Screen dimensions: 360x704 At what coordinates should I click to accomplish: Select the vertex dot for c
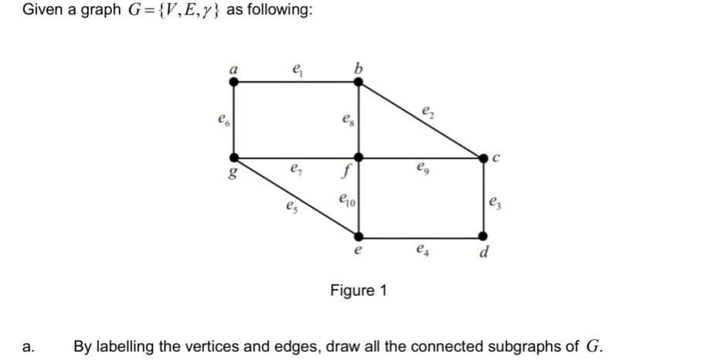(x=484, y=158)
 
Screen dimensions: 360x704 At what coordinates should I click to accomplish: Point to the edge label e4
(x=421, y=250)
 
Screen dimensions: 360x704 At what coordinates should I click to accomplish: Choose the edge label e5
(x=290, y=206)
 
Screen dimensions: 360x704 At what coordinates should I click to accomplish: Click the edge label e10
(x=346, y=201)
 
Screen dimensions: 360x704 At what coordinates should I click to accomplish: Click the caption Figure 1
(x=359, y=290)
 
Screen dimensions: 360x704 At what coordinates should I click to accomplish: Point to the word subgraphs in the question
(x=527, y=346)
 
